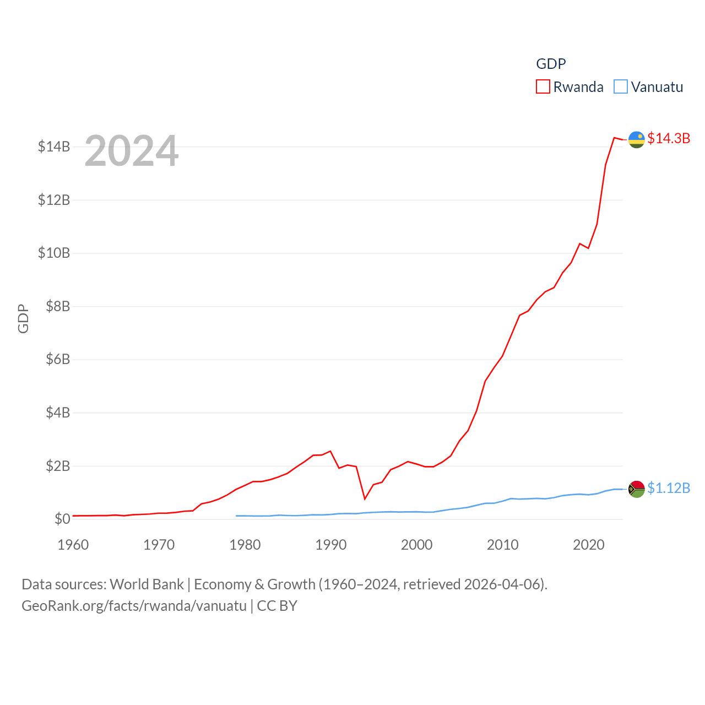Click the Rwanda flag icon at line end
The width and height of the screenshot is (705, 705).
[x=637, y=140]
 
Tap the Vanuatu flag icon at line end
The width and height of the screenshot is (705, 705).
[x=637, y=489]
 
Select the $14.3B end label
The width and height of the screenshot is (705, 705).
[x=669, y=138]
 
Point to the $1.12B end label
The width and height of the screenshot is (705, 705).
[x=669, y=488]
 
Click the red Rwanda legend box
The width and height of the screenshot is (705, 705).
[x=543, y=87]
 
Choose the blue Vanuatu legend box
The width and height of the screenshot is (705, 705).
[x=621, y=87]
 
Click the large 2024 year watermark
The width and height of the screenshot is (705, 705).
[x=132, y=151]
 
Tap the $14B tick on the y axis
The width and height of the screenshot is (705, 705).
[x=54, y=147]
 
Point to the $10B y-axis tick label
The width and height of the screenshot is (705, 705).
[x=54, y=253]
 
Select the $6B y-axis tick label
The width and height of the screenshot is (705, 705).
[x=58, y=359]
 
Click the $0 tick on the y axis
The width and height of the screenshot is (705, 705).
[x=62, y=519]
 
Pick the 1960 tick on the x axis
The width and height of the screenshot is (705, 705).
[x=73, y=545]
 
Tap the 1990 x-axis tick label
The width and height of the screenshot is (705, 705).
[x=331, y=545]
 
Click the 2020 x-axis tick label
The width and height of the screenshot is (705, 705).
[x=589, y=545]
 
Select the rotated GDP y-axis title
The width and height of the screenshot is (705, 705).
[x=23, y=318]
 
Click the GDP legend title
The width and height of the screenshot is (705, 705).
[x=551, y=64]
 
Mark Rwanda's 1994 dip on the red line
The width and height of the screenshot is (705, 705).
[x=365, y=498]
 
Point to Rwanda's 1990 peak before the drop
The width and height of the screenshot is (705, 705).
[x=330, y=451]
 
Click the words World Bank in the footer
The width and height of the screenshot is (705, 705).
[x=147, y=584]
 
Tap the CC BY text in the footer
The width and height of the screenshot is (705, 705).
[x=277, y=606]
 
